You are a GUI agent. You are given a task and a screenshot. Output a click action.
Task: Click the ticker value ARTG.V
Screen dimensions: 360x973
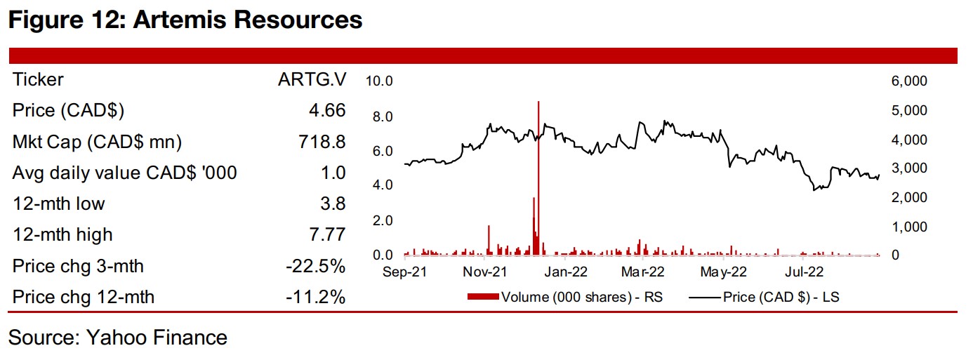pyautogui.click(x=312, y=80)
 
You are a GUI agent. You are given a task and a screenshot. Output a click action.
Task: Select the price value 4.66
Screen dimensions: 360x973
pyautogui.click(x=326, y=111)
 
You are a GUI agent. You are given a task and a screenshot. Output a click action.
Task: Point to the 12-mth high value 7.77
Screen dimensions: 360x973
pyautogui.click(x=326, y=234)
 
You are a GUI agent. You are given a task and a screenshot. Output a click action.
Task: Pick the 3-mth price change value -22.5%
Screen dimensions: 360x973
pyautogui.click(x=315, y=266)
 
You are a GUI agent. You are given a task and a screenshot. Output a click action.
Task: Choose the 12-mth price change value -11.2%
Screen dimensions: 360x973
pyautogui.click(x=316, y=297)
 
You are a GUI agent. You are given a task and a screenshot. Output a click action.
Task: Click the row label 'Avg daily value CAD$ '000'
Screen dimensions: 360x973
pyautogui.click(x=124, y=173)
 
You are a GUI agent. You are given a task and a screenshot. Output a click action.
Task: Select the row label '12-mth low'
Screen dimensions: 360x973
pyautogui.click(x=59, y=204)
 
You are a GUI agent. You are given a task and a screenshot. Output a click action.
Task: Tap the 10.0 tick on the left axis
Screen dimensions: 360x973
pyautogui.click(x=379, y=82)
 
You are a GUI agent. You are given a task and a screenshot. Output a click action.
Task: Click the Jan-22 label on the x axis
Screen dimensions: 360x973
pyautogui.click(x=566, y=272)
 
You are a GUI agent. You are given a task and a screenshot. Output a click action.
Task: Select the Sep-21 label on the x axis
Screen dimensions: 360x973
pyautogui.click(x=405, y=272)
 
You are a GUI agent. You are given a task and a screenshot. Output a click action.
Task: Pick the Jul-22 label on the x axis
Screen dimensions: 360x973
pyautogui.click(x=805, y=272)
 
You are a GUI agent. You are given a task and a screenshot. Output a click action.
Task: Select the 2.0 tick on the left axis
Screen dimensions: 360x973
pyautogui.click(x=383, y=220)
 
